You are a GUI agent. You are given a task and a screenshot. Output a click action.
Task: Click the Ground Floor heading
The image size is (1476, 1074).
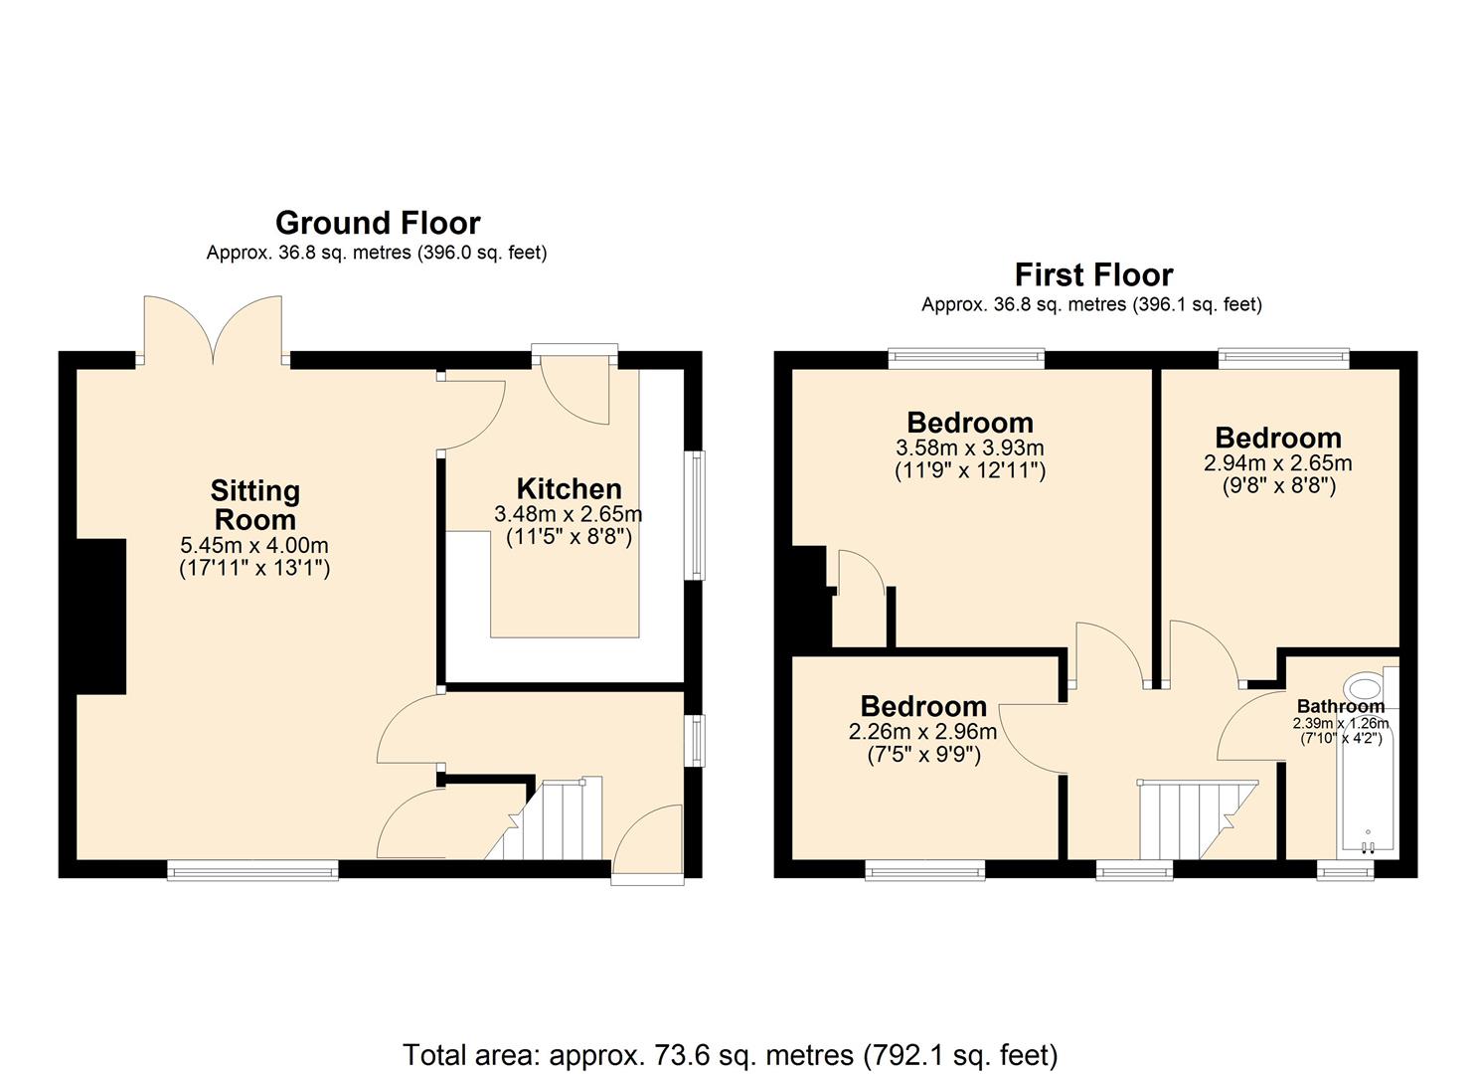(x=378, y=223)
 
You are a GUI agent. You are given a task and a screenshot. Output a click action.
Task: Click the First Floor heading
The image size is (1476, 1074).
(x=1093, y=274)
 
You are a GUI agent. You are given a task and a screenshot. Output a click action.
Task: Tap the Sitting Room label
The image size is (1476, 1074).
(x=255, y=505)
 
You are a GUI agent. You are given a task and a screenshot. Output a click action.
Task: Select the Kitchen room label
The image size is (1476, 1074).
(x=569, y=488)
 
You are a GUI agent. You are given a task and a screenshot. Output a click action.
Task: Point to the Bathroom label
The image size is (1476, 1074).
(x=1340, y=706)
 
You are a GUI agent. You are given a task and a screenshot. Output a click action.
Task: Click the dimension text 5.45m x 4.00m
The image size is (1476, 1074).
(x=254, y=546)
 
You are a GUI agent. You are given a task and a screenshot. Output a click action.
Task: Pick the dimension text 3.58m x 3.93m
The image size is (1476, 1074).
(x=969, y=448)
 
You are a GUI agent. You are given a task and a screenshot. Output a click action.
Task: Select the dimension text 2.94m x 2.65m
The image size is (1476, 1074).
(x=1277, y=463)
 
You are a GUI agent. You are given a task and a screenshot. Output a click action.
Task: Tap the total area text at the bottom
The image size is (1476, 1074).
(x=731, y=1054)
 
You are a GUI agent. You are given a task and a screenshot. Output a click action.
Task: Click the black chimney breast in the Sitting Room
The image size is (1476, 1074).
(x=101, y=617)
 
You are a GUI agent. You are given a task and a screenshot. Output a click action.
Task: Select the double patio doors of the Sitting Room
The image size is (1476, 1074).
(x=213, y=333)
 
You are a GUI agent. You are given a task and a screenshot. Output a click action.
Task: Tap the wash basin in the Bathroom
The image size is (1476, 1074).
(x=1364, y=686)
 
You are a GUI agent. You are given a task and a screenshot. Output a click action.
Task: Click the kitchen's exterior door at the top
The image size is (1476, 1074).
(x=574, y=383)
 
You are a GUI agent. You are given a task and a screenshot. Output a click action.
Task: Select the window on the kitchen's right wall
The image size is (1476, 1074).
(x=698, y=515)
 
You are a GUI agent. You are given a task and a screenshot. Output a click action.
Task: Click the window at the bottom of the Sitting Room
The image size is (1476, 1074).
(x=252, y=871)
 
